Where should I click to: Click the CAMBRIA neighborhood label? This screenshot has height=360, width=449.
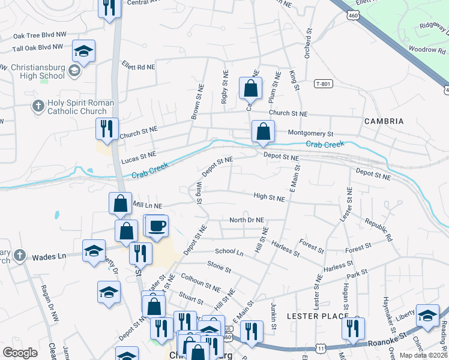pos(384,121)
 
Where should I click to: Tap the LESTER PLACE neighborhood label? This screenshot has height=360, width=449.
pos(318,316)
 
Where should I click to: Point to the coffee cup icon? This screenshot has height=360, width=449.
pos(157,226)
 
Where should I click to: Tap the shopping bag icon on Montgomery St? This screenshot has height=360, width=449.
pos(263,131)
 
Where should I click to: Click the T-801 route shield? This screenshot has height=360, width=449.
pos(323,85)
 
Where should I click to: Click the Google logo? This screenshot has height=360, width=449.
pos(20,353)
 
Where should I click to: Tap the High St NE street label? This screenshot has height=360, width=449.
pos(269,196)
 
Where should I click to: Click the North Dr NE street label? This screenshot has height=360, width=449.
pos(247,220)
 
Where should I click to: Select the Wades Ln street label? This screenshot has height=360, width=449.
pos(49,256)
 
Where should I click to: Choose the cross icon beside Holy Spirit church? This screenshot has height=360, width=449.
pos(38,106)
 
